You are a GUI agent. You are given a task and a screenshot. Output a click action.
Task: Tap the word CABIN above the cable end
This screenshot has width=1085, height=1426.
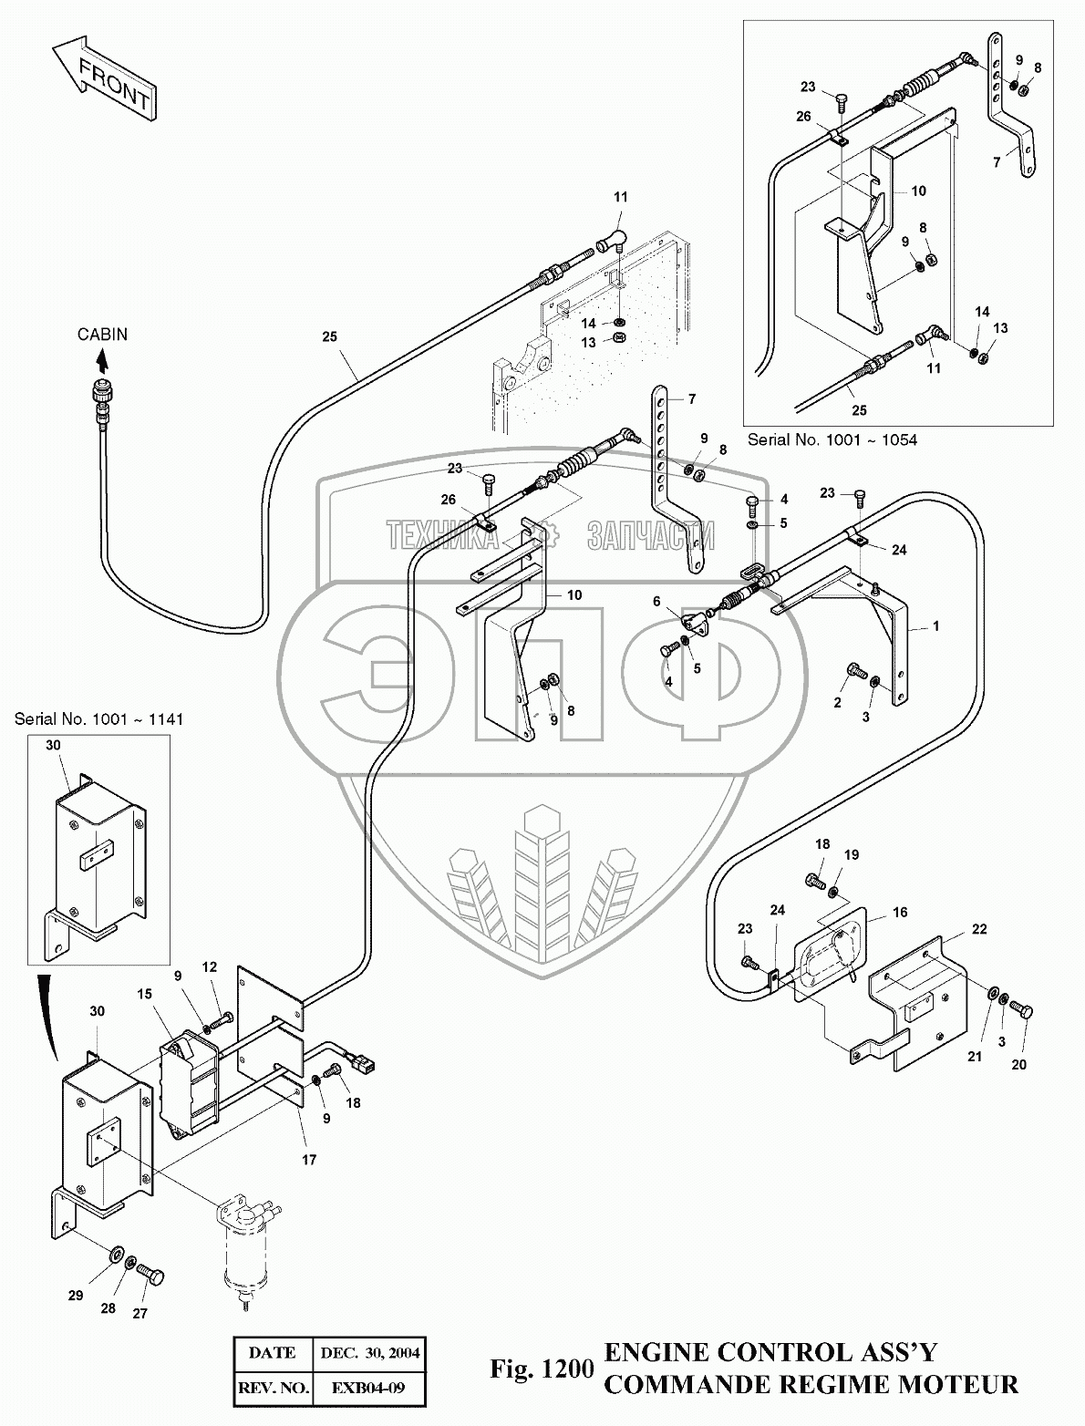pyautogui.click(x=102, y=335)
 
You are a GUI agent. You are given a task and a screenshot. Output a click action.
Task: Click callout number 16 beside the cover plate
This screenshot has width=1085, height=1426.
pyautogui.click(x=900, y=913)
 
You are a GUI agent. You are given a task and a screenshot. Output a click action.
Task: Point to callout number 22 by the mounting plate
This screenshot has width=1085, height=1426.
pyautogui.click(x=979, y=929)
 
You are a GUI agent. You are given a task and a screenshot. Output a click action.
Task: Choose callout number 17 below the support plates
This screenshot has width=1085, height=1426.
pyautogui.click(x=309, y=1160)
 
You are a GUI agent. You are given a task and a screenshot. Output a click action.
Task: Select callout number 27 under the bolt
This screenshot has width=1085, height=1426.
pyautogui.click(x=141, y=1314)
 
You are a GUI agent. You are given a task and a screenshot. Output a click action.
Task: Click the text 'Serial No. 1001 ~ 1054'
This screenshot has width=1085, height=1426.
pyautogui.click(x=832, y=439)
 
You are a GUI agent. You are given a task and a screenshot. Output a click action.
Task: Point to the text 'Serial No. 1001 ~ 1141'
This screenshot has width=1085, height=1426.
pyautogui.click(x=98, y=719)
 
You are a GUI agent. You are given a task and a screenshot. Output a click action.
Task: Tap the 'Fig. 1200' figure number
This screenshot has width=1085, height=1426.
pyautogui.click(x=542, y=1369)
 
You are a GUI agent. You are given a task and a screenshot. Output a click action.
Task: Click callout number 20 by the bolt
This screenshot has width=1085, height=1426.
pyautogui.click(x=1018, y=1064)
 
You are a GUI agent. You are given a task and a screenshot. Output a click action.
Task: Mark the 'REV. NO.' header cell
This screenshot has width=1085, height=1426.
pyautogui.click(x=271, y=1389)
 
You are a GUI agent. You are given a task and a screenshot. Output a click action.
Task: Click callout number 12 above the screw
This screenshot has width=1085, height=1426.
pyautogui.click(x=210, y=967)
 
